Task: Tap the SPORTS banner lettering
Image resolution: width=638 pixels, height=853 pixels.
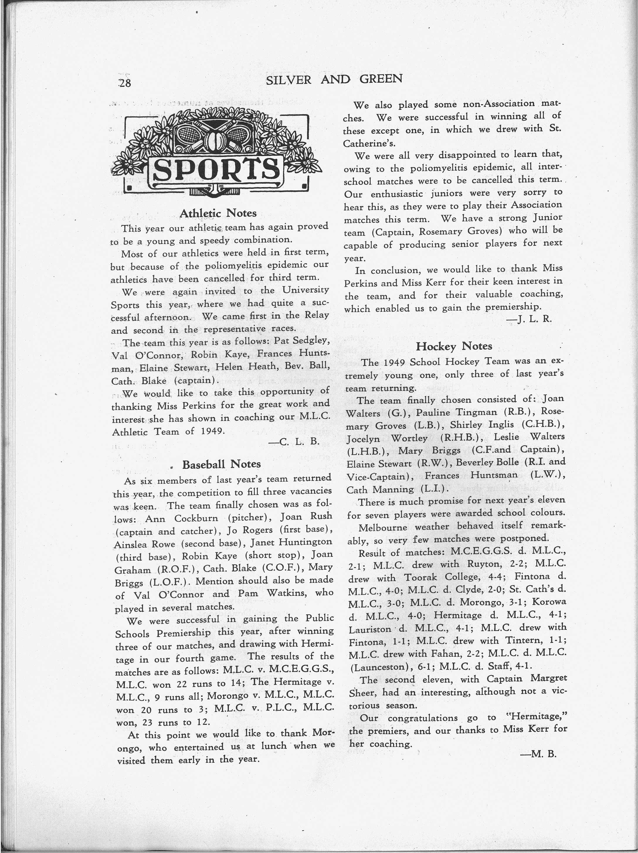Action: (x=216, y=170)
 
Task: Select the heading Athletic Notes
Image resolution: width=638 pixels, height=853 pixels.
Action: (x=218, y=213)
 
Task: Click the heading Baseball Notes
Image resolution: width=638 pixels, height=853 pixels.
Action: (x=221, y=464)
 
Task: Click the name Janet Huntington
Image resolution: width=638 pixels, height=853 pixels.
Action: (x=291, y=542)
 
